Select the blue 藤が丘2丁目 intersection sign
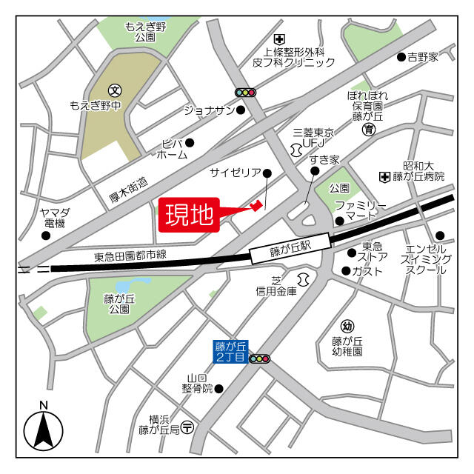pyautogui.click(x=230, y=351)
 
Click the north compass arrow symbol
pyautogui.click(x=43, y=430)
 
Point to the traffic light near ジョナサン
pyautogui.click(x=245, y=93)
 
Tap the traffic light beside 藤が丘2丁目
pyautogui.click(x=260, y=359)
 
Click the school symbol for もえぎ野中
pyautogui.click(x=116, y=89)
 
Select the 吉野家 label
pyautogui.click(x=422, y=56)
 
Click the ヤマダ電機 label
pyautogui.click(x=53, y=218)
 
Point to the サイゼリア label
pyautogui.click(x=235, y=173)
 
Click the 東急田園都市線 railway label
pyautogui.click(x=130, y=256)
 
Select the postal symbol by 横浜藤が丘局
pyautogui.click(x=188, y=427)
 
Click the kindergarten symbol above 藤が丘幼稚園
pyautogui.click(x=347, y=327)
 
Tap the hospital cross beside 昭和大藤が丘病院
pyautogui.click(x=384, y=176)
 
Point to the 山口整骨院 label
pyautogui.click(x=198, y=382)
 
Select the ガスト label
pyautogui.click(x=368, y=271)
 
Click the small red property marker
pyautogui.click(x=256, y=205)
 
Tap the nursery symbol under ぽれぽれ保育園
pyautogui.click(x=368, y=130)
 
